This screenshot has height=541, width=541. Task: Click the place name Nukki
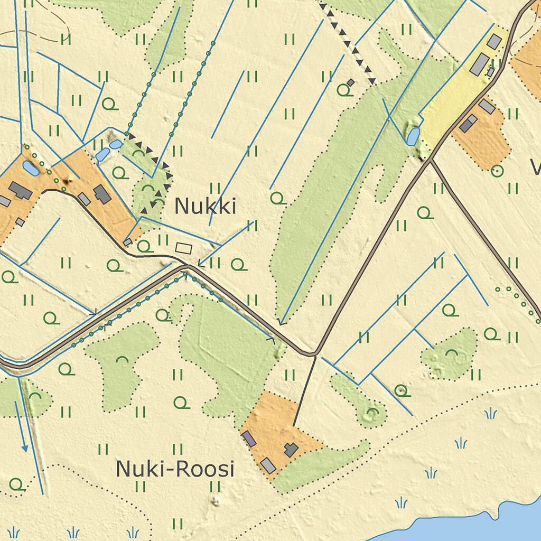click(x=205, y=206)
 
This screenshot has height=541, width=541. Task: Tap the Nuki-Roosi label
click(x=174, y=469)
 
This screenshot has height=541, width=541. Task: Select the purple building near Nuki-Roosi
click(x=249, y=438)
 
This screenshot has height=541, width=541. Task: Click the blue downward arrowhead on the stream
click(x=24, y=449)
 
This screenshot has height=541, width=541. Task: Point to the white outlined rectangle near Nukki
click(x=184, y=247)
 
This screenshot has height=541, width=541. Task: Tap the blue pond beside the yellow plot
click(x=413, y=136)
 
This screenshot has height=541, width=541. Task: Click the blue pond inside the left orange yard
click(x=30, y=169)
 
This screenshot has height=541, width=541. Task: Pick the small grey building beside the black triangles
click(x=350, y=82)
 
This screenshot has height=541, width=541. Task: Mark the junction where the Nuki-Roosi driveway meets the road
click(x=315, y=354)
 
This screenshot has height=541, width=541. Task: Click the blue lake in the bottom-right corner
click(x=475, y=526)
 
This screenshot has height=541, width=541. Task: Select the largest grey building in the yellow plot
click(x=480, y=64)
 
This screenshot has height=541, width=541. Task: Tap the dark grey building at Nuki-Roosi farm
click(x=291, y=450)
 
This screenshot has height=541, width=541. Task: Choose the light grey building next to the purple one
click(x=268, y=465)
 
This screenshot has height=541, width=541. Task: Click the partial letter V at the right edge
click(x=536, y=169)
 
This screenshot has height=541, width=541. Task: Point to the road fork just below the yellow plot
click(x=431, y=158)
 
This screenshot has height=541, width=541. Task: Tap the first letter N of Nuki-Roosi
click(x=122, y=469)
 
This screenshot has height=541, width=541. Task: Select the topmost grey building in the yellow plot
click(x=494, y=41)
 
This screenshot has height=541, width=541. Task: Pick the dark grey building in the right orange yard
click(x=468, y=124)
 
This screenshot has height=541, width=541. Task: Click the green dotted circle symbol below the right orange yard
click(x=496, y=171)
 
